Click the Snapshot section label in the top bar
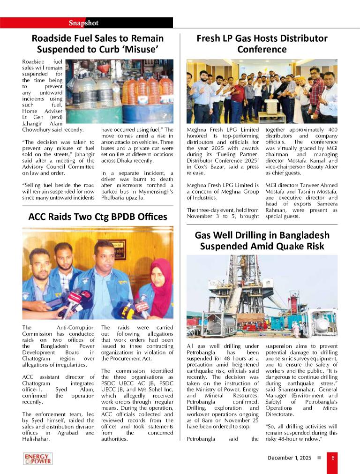pos(83,23)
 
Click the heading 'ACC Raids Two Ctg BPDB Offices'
pos(97,217)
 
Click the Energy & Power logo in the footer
pos(38,459)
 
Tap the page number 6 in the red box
pos(332,458)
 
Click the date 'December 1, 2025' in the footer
pos(289,458)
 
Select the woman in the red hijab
pos(159,286)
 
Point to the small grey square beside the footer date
pos(319,458)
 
